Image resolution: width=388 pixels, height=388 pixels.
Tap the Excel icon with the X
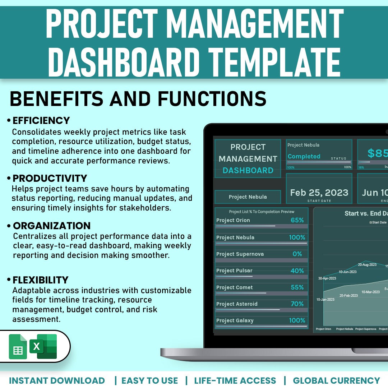pos(43,346)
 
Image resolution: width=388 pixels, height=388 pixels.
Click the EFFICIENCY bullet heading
pos(41,120)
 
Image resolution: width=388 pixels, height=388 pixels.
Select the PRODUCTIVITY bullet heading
pos(50,178)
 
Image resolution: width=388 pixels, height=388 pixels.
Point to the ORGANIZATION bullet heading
pos(52,226)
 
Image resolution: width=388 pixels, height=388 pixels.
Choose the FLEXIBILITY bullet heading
pos(40,280)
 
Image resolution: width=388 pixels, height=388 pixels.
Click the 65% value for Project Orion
pos(297,220)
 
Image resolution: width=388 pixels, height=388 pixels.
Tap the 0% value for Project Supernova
pos(297,254)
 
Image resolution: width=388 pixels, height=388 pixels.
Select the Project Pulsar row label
pos(234,271)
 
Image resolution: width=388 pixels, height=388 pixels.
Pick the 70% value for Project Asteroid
pos(297,304)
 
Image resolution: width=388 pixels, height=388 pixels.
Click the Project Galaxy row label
pos(235,320)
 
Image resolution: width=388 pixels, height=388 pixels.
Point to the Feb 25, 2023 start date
pos(319,193)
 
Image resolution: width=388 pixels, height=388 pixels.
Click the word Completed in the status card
pos(304,156)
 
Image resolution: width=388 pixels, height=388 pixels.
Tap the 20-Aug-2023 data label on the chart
pos(367,265)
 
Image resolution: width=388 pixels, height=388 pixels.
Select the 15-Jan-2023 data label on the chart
pos(325,300)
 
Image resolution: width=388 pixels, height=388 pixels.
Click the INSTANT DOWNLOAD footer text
pos(57,380)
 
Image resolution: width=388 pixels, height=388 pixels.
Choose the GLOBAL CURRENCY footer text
pos(336,380)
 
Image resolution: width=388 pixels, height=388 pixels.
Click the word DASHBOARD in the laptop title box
pos(248,171)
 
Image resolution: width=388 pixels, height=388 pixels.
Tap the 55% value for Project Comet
pos(297,287)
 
